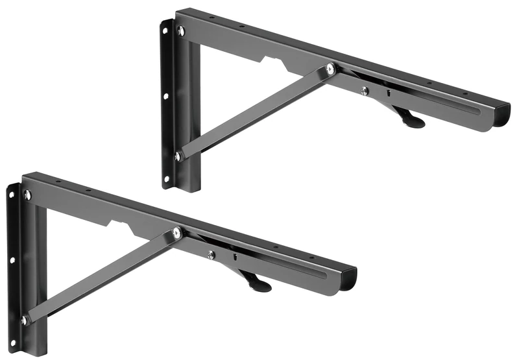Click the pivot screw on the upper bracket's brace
pos(331,68)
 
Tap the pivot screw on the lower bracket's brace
pos(177,232)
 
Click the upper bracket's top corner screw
pos(180,31)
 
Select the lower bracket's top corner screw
pos(27,195)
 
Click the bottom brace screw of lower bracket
pos(25,320)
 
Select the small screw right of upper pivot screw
pos(365,91)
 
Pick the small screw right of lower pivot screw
pos(211,255)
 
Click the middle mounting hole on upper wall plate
pos(165,96)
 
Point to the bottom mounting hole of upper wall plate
pos(167,177)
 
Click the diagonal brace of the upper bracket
pos(253,114)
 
